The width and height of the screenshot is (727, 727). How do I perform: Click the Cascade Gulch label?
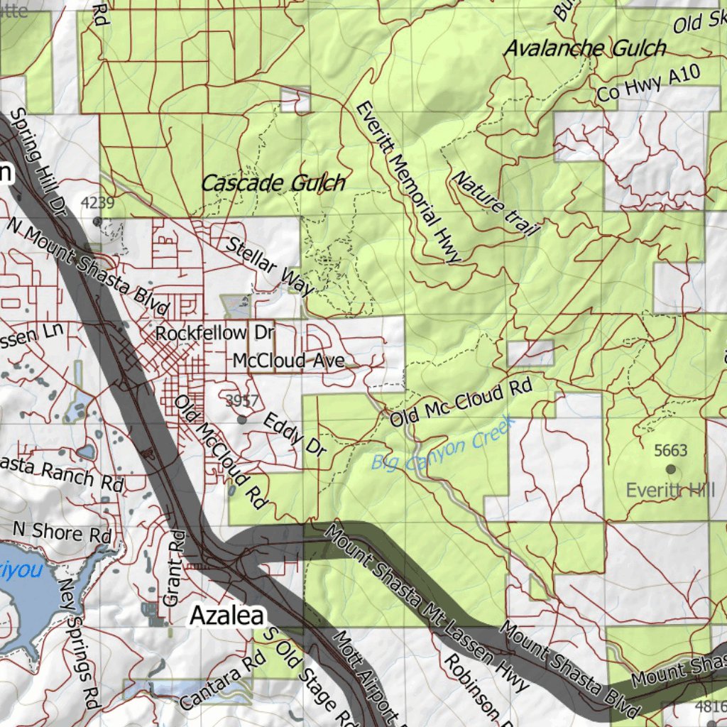point(273,183)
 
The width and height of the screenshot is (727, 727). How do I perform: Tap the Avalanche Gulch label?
point(585,48)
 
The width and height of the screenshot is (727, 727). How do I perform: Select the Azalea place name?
point(226,616)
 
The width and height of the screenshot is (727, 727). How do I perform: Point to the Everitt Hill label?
point(671,490)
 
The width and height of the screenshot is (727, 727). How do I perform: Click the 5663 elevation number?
point(670,450)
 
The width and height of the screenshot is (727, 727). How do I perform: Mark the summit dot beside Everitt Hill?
point(670,469)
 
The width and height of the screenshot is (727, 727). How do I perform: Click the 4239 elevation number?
point(97,203)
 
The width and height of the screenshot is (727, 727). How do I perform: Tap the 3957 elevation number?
point(242,401)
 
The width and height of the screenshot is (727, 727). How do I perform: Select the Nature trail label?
point(496,203)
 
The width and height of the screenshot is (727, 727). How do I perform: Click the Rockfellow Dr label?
point(214,332)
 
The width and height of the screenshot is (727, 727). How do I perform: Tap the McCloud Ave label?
point(288,361)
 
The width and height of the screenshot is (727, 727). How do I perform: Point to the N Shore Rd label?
point(62,532)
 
